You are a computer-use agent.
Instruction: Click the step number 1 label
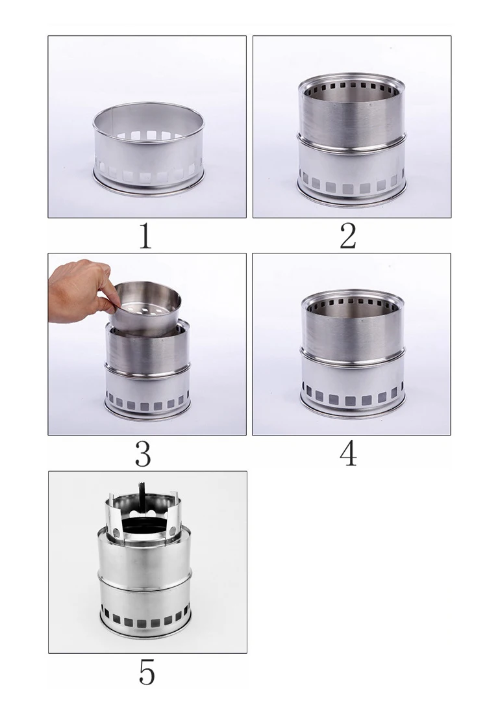145,236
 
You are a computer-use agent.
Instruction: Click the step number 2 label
348,236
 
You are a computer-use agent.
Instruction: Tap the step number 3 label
143,454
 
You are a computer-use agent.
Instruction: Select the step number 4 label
349,454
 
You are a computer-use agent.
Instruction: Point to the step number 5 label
147,672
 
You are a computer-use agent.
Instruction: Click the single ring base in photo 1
149,148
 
